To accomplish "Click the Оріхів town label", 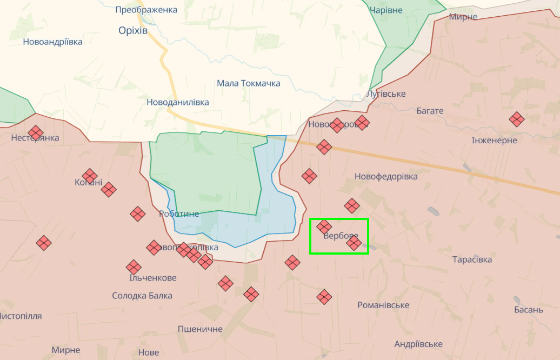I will (x=133, y=30).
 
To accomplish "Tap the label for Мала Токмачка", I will (x=249, y=83).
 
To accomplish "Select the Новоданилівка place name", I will (x=178, y=102).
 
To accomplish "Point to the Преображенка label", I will (x=146, y=10).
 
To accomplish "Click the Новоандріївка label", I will (x=53, y=42).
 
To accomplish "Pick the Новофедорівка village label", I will (x=386, y=176).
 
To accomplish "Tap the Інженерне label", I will (x=494, y=140).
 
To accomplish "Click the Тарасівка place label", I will (x=472, y=259).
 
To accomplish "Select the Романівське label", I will (x=383, y=305).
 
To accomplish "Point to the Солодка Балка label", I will (x=142, y=295).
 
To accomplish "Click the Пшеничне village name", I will (x=200, y=329).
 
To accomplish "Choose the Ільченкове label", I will (x=153, y=278).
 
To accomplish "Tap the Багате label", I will (x=430, y=111).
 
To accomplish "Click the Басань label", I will (x=529, y=310).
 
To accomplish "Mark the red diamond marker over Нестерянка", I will (x=36, y=132).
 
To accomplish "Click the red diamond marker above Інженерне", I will (x=517, y=119).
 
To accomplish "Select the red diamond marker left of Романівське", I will (x=324, y=296).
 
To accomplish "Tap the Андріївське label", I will (x=418, y=344).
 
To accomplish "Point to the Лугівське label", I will (x=386, y=94).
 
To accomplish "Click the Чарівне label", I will (x=386, y=10).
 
